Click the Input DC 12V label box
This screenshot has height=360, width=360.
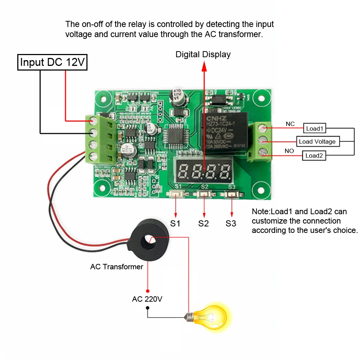53,62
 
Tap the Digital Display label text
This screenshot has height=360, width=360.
203,54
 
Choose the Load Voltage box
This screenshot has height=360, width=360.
317,141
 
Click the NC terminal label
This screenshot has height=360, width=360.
290,124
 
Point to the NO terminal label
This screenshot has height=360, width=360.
289,151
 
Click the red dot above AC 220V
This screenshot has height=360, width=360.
147,291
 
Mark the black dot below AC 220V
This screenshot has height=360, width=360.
147,308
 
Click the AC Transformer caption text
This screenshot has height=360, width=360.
117,267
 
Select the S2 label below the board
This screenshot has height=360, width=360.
203,223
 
